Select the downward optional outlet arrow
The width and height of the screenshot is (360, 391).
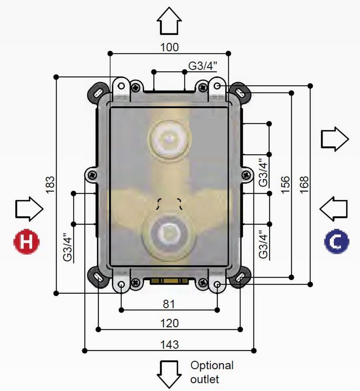pyautogui.click(x=169, y=374)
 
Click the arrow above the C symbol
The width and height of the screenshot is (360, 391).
pyautogui.click(x=334, y=209)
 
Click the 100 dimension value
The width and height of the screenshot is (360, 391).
pyautogui.click(x=170, y=47)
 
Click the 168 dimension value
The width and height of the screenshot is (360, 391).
pyautogui.click(x=304, y=184)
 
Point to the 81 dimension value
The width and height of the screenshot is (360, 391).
pyautogui.click(x=169, y=304)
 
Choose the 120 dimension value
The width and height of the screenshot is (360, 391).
pyautogui.click(x=170, y=323)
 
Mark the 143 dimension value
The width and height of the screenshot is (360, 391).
pyautogui.click(x=170, y=345)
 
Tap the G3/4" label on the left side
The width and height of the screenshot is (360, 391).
pyautogui.click(x=67, y=247)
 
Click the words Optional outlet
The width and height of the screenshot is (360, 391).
pyautogui.click(x=212, y=372)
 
